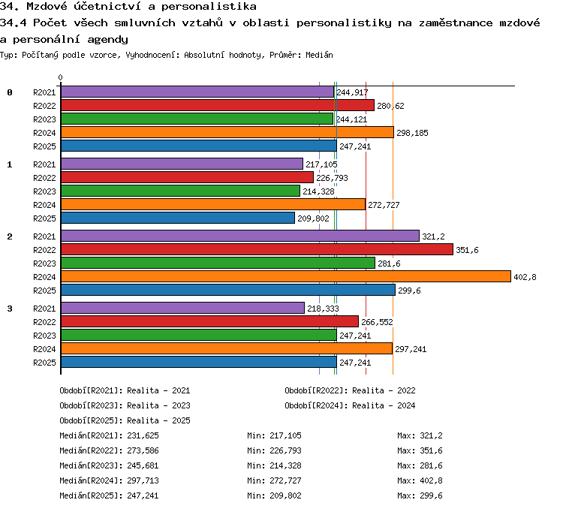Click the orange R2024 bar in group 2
286,276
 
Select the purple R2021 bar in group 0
197,92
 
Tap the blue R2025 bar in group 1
178,218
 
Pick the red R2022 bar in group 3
209,321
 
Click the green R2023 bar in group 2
218,263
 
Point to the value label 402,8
525,277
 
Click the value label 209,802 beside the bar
313,218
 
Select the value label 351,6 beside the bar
467,250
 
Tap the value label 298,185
412,133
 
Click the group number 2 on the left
10,236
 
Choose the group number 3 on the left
10,309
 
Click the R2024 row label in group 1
44,205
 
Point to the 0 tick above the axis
60,77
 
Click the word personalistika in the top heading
209,7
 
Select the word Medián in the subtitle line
319,55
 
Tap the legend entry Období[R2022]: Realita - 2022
350,390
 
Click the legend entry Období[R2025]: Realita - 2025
125,420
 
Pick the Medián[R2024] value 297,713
143,480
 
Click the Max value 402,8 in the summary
431,480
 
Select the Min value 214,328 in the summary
285,465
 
